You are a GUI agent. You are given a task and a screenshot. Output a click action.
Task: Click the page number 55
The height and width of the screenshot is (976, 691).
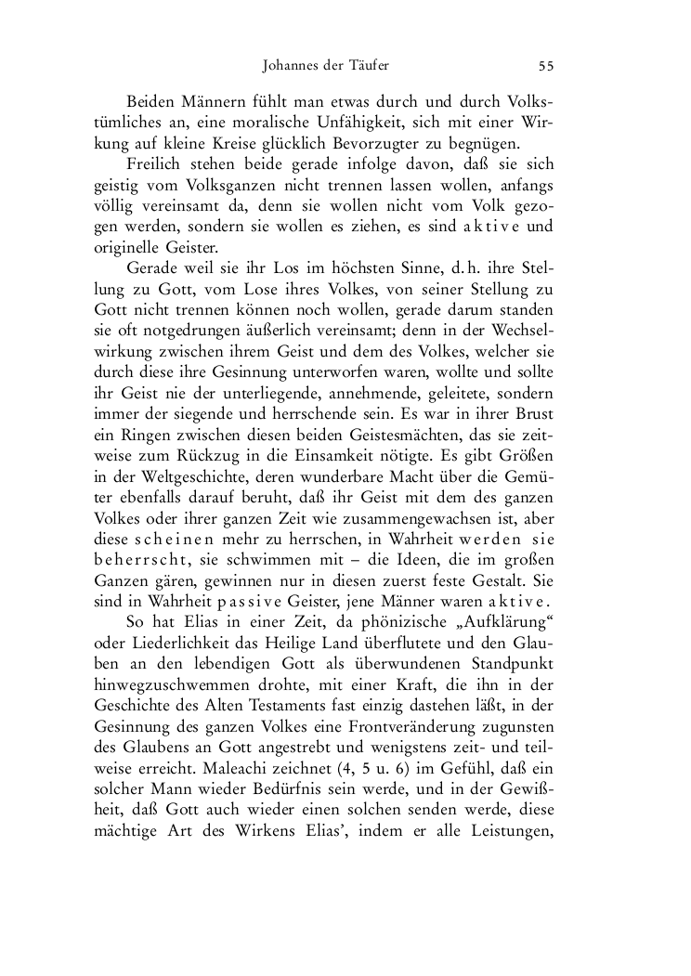[x=546, y=66]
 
